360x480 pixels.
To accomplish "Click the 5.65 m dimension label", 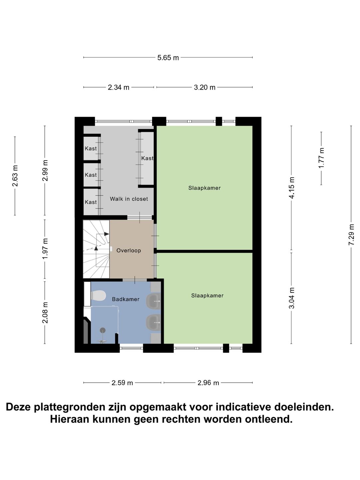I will point(168,58).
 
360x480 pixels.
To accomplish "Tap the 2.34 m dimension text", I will point(118,88).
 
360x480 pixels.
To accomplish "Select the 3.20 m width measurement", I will point(205,88).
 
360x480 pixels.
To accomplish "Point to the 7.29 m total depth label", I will point(351,235).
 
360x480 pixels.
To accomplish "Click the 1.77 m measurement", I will point(321,158).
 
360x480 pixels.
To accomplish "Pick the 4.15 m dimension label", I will point(292,188).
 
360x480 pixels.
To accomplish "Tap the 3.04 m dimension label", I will point(292,298).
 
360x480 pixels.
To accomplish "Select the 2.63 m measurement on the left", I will point(15,176).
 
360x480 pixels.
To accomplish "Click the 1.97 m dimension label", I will point(45,249).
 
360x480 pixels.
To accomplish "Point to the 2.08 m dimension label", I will point(45,312).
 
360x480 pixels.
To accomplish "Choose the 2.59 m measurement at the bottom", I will point(122,383).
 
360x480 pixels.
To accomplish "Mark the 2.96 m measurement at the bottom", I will point(208,383).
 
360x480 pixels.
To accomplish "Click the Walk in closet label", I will point(129,199).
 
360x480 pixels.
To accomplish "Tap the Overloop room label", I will point(129,251).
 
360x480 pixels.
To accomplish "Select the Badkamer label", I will point(126,299).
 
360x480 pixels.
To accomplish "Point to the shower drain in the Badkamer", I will point(103,330).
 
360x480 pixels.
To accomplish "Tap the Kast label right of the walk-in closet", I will point(147,158).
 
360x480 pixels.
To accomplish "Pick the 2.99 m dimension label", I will point(45,170).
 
